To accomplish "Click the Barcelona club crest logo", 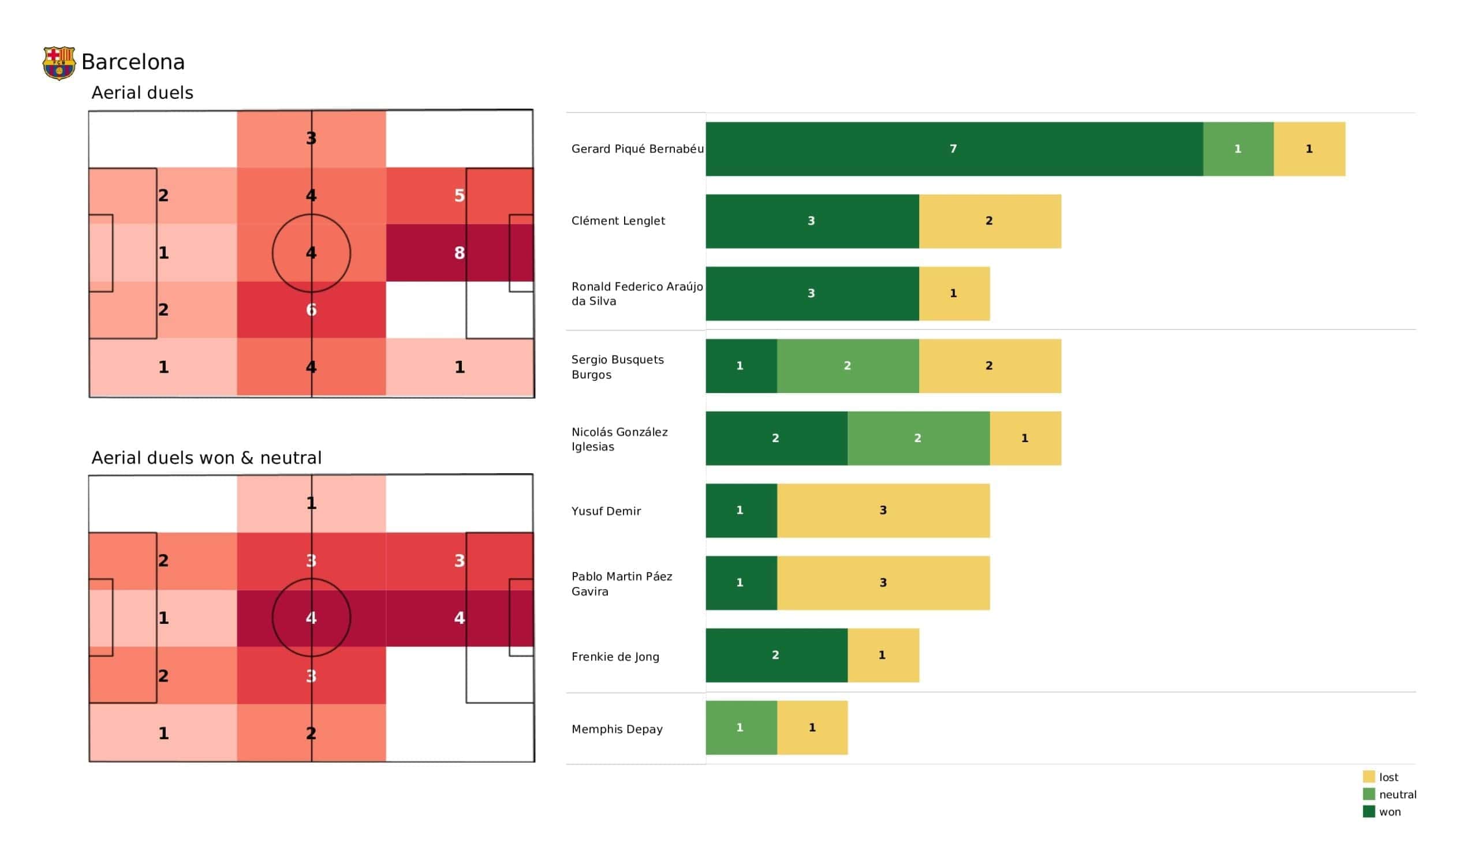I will [x=59, y=63].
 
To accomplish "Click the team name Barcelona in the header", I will [x=133, y=62].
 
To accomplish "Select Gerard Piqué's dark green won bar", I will [x=954, y=149].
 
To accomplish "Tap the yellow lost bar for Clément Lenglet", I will [x=990, y=221].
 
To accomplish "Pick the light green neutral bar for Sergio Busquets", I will [x=848, y=366].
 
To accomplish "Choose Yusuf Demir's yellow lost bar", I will [x=883, y=510].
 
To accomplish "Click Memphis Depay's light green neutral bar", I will [x=741, y=728].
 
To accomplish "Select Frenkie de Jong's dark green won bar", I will [x=776, y=655].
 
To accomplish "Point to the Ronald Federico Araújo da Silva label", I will [x=637, y=294].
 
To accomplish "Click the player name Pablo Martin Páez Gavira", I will [x=622, y=583].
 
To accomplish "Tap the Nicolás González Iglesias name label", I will [x=619, y=439].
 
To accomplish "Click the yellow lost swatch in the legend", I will [x=1369, y=777].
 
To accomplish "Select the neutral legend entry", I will [x=1390, y=795].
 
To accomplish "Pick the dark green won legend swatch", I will [x=1369, y=812].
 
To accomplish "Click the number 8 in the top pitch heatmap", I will [x=459, y=253].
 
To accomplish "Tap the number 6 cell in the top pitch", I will [x=311, y=310].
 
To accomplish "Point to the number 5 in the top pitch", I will [x=459, y=195].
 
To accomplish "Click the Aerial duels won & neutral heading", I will [x=207, y=458].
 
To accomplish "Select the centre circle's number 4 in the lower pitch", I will [x=311, y=618].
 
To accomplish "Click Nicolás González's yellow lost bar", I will [x=1025, y=438].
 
